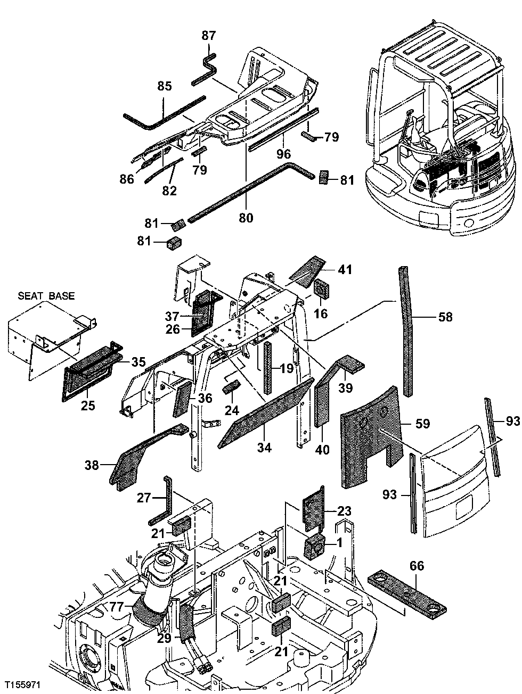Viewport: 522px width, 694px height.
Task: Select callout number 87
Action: (208, 36)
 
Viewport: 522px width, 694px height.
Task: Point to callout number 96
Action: (283, 154)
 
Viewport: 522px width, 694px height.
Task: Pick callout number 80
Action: (246, 218)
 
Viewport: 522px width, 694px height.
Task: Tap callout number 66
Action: (417, 566)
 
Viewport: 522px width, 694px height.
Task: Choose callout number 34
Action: (264, 448)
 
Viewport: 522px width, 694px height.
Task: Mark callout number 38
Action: (92, 465)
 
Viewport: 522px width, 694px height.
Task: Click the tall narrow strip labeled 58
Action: (406, 330)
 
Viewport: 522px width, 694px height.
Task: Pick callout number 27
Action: (144, 498)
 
